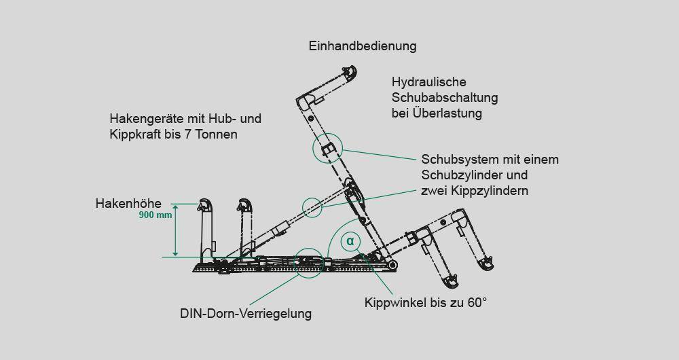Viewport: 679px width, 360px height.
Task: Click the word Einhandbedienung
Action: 362,47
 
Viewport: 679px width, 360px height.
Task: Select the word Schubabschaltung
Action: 445,98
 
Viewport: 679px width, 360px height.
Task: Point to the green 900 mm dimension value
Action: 155,215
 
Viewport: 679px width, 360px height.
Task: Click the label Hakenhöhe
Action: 128,203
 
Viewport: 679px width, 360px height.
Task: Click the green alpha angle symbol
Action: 350,240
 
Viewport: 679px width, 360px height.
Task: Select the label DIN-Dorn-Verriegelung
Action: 246,314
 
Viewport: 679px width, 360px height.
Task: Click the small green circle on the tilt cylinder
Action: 311,206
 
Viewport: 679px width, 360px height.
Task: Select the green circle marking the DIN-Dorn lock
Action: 308,260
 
